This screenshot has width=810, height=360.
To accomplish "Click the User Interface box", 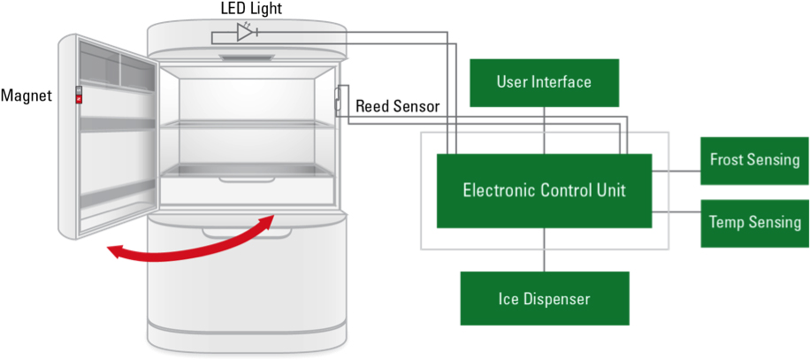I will pos(543,82).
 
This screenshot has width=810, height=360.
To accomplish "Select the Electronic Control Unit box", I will pos(544,190).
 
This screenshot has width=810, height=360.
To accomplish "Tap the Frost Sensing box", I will pos(754,160).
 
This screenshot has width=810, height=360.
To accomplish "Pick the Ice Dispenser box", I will pos(544,298).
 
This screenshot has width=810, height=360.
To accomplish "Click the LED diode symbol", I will pos(245,33).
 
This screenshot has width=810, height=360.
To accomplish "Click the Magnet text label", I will pos(27,94).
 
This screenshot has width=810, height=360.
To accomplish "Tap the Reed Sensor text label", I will pos(397,106).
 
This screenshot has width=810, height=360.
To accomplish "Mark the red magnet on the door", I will pos(79,100).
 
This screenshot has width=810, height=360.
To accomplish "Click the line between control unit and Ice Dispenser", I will pos(544,249).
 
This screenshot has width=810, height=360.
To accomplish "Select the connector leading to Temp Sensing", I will pos(676,212).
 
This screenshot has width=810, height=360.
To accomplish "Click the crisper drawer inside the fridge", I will pos(248,188).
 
